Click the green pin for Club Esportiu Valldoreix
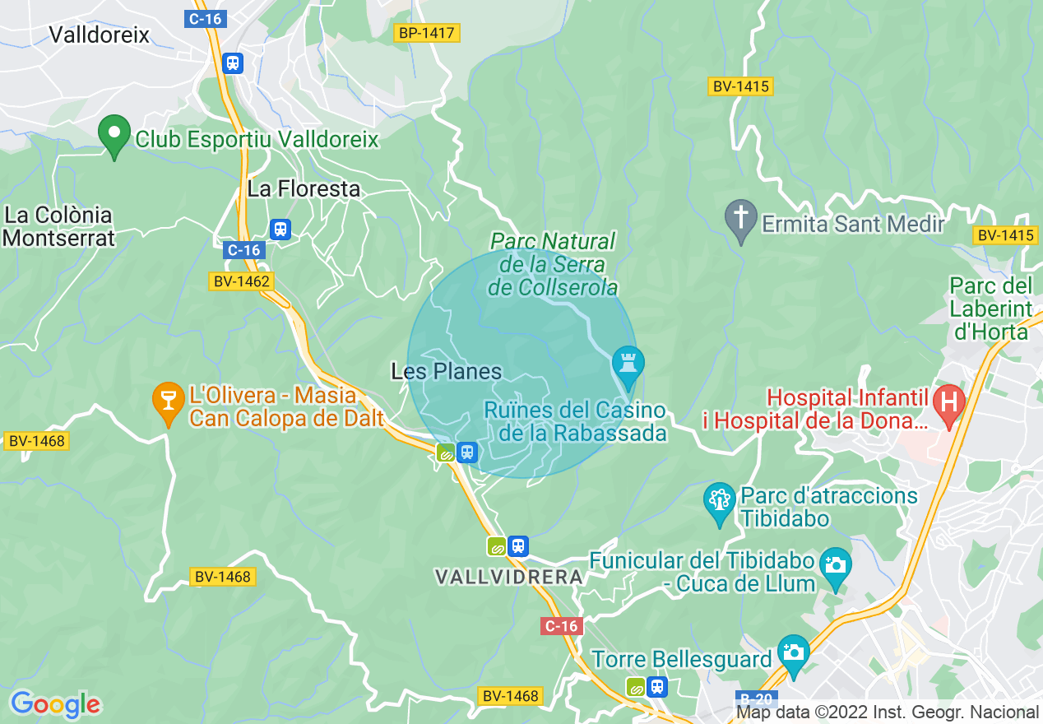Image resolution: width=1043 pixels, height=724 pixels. (114, 135)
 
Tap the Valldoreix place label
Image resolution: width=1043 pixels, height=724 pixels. (100, 35)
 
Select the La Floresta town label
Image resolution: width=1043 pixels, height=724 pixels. (304, 188)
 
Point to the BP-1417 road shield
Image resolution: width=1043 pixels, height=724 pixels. (426, 33)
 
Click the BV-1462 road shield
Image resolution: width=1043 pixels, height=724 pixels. (239, 281)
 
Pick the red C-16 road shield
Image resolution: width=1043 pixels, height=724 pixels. (561, 626)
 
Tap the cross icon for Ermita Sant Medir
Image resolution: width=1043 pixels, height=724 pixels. (740, 220)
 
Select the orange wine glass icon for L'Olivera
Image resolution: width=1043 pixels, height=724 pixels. (169, 402)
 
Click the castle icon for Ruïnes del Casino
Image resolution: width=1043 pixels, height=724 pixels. (628, 364)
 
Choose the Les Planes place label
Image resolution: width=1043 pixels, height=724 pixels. (446, 372)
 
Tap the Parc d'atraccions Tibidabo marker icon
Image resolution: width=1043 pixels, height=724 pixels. (720, 501)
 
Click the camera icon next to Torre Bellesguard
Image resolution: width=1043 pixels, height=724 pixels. (793, 653)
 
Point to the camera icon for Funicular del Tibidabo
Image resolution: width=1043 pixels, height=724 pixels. (835, 567)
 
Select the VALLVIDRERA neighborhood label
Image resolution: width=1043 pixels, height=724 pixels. (508, 578)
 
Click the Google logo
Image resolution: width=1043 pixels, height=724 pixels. (55, 704)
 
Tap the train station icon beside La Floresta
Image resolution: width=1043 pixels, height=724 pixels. (280, 228)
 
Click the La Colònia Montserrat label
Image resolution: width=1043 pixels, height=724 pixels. (58, 226)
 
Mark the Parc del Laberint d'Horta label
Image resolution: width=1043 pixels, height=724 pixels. (990, 309)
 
